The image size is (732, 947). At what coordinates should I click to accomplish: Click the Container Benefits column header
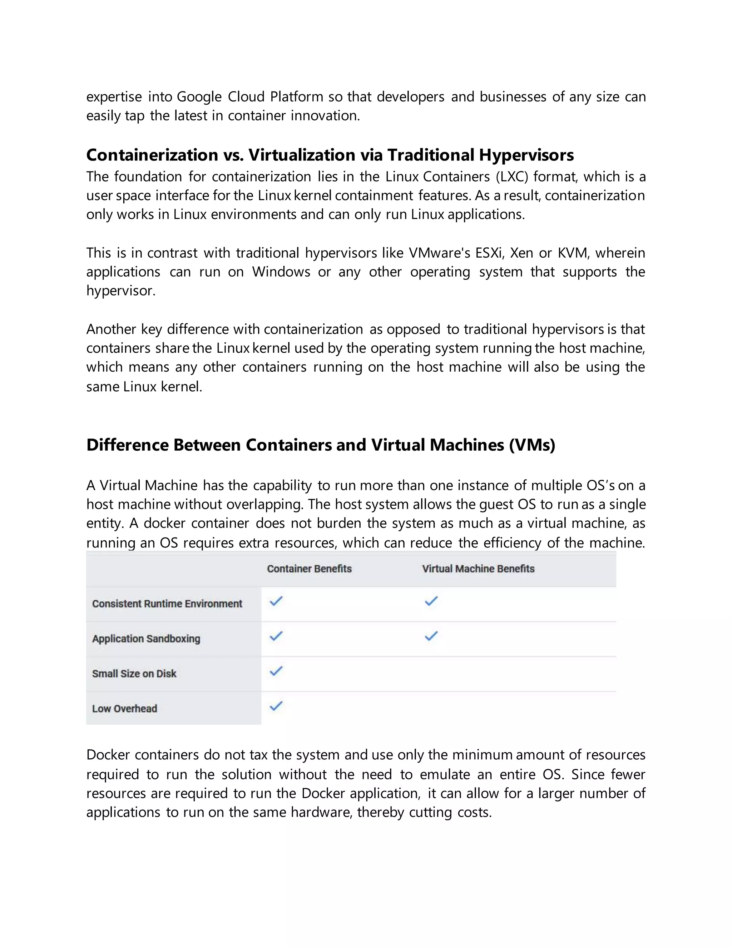(x=309, y=569)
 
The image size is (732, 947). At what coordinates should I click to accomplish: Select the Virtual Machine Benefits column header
(x=478, y=569)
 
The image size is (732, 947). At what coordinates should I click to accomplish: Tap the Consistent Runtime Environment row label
(x=167, y=604)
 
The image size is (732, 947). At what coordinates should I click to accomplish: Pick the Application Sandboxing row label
(x=146, y=639)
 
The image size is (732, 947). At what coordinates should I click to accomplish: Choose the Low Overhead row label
(x=124, y=709)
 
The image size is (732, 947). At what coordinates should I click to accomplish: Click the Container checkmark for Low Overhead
(x=276, y=706)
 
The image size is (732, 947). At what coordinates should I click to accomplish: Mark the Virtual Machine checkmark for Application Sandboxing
(x=431, y=636)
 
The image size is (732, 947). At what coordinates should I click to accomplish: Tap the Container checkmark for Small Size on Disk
(x=276, y=671)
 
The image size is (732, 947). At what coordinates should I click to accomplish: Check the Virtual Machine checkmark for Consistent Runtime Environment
(x=431, y=601)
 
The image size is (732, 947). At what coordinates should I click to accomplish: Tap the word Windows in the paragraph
(x=281, y=272)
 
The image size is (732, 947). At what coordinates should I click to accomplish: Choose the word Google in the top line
(x=199, y=97)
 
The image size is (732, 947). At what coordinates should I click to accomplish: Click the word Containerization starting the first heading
(x=152, y=155)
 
